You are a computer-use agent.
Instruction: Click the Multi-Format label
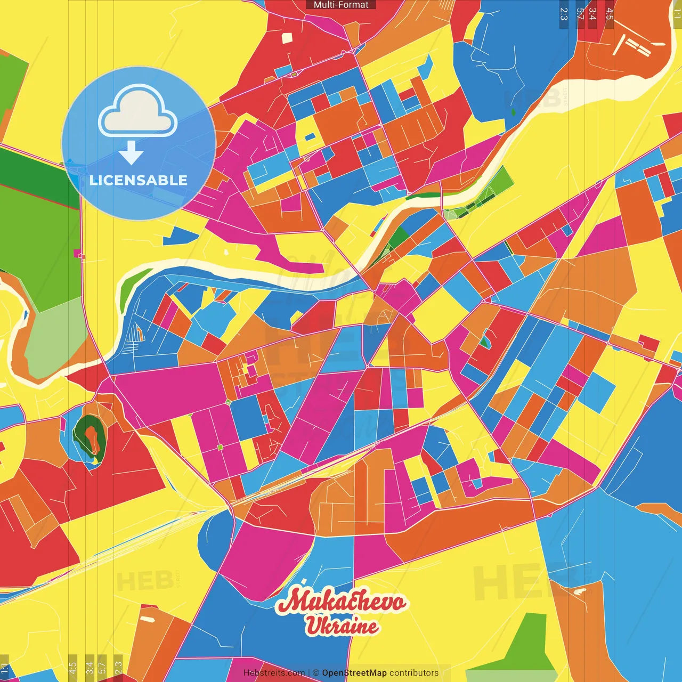[x=341, y=5]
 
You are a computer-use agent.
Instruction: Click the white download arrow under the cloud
[x=131, y=153]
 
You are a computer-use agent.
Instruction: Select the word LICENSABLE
[x=139, y=180]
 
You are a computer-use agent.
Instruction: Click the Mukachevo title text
[x=342, y=602]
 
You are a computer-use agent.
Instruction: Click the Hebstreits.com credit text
[x=274, y=673]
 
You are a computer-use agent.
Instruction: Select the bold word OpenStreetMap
[x=354, y=673]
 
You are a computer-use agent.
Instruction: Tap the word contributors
[x=414, y=673]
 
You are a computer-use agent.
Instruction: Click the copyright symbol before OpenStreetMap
[x=316, y=673]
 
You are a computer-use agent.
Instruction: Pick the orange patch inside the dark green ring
[x=93, y=437]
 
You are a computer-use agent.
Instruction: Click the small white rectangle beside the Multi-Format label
[x=287, y=38]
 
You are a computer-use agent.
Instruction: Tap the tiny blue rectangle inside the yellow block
[x=310, y=137]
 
